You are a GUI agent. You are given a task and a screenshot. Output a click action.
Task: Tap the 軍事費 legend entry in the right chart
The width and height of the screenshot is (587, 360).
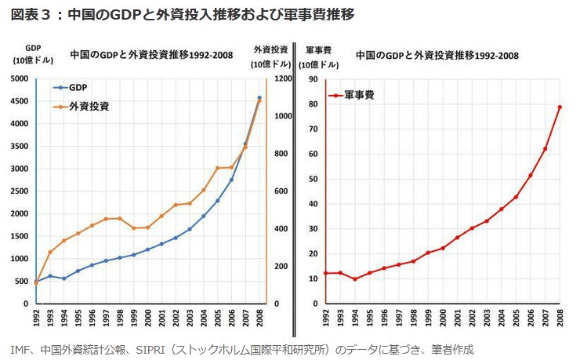click(x=361, y=95)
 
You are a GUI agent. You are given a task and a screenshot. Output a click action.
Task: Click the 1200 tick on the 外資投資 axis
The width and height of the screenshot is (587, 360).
click(x=284, y=78)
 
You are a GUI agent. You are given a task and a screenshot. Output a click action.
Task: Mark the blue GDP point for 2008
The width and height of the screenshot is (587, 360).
click(x=259, y=98)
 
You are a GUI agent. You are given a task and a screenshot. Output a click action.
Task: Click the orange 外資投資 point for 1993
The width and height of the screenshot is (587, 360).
click(x=50, y=253)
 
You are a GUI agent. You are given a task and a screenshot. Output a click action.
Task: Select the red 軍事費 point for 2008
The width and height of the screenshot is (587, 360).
click(x=560, y=107)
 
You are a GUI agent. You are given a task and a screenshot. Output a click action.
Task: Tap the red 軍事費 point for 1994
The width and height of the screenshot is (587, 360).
click(x=354, y=279)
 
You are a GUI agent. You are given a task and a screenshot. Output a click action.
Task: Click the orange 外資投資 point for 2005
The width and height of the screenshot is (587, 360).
click(x=217, y=168)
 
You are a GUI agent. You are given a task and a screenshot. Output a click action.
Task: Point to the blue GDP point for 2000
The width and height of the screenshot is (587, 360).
click(x=147, y=249)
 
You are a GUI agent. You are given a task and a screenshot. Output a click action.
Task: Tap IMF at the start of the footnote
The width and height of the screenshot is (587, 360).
click(x=20, y=349)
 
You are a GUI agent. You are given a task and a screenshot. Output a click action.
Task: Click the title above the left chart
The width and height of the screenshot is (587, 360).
click(x=151, y=55)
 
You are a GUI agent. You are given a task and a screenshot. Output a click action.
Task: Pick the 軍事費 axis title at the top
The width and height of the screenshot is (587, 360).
click(x=319, y=49)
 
